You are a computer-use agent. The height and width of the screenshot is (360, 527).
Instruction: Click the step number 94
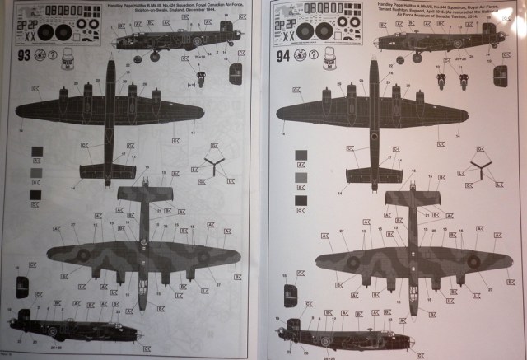283,57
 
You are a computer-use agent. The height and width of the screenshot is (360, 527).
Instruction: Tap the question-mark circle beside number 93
53,56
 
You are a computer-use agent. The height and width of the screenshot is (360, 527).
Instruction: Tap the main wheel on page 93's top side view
154,55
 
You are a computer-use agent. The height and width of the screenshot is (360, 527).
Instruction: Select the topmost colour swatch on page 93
35,151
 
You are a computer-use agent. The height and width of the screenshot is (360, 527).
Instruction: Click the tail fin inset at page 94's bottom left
289,296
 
